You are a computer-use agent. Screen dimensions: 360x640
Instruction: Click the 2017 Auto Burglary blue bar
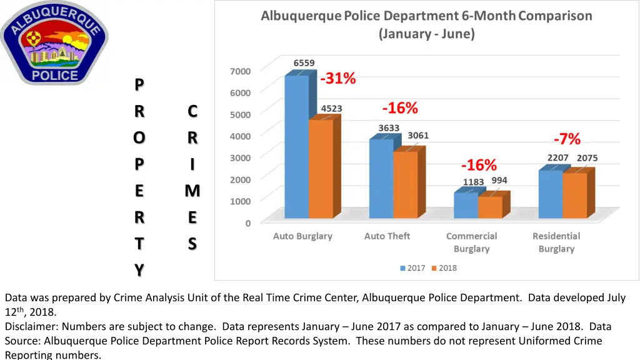296,146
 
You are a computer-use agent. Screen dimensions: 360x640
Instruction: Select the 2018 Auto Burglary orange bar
320,169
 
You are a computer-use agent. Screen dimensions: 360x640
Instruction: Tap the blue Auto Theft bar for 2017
381,179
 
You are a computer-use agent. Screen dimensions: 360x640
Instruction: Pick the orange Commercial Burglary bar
490,207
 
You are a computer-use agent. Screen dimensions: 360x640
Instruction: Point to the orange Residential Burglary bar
574,195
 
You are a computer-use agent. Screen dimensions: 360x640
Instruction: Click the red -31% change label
338,79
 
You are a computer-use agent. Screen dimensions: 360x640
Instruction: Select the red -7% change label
567,139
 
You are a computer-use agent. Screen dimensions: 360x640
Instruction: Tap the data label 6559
304,63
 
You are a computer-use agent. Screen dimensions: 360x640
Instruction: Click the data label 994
499,181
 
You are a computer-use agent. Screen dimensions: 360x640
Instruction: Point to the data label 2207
557,157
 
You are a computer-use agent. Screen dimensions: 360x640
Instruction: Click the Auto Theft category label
387,236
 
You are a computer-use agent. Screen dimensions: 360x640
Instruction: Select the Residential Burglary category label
556,242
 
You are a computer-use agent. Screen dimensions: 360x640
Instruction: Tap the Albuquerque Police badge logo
54,42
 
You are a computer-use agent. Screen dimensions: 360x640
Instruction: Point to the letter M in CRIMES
192,191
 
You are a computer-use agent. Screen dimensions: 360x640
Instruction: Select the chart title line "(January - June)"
426,34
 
